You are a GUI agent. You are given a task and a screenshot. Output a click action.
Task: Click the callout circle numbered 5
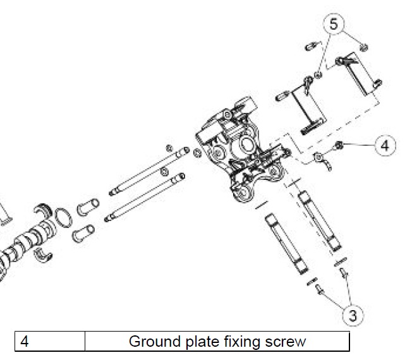(334, 23)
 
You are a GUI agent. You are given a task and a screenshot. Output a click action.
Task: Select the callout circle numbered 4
(385, 145)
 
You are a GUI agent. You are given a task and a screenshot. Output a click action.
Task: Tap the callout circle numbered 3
(353, 315)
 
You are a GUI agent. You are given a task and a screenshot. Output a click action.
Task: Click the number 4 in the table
(24, 341)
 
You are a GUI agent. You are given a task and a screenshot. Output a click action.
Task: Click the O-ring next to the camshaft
(63, 218)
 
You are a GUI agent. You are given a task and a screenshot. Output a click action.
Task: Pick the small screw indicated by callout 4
(339, 145)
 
